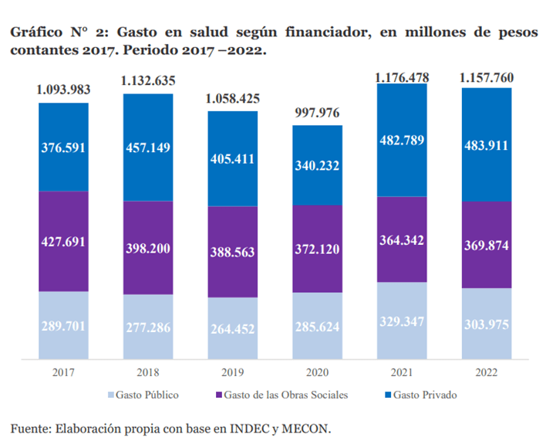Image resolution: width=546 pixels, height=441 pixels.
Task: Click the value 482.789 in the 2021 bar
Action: click(402, 141)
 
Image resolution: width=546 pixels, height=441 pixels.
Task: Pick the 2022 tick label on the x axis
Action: click(486, 373)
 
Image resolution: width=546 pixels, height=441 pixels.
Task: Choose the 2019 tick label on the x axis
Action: click(233, 373)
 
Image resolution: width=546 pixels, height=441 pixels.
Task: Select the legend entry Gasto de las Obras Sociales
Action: click(281, 395)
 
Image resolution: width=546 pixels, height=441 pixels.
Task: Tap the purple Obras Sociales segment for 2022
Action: click(486, 245)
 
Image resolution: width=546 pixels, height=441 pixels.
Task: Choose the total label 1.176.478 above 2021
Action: click(402, 77)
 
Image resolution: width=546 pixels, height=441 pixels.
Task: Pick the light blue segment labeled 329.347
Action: click(402, 321)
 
